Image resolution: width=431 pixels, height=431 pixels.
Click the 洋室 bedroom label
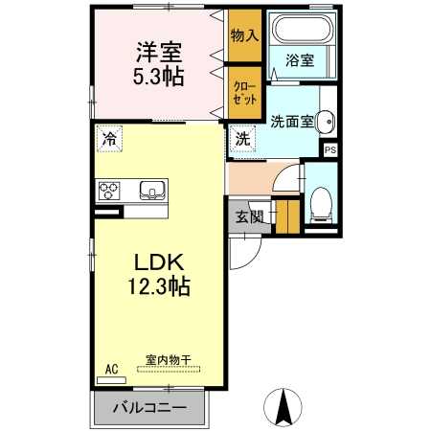159,53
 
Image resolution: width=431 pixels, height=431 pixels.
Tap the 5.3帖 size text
158,77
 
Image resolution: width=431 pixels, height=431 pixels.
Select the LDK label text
159,262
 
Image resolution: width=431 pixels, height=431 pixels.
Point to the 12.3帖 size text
159,286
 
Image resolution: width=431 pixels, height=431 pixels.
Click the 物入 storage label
245,35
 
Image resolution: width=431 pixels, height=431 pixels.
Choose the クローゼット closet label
245,93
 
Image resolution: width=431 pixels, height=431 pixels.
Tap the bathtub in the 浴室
302,32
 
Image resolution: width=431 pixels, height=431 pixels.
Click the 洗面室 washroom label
292,122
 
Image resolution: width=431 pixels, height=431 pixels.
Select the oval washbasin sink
325,122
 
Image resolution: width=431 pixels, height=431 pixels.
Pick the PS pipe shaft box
330,149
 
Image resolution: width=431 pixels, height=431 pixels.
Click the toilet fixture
321,205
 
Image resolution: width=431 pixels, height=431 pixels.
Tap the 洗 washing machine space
242,139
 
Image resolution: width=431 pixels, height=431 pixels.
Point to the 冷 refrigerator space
109,139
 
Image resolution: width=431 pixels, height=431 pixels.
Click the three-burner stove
109,191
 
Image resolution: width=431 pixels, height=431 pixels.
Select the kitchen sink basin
152,190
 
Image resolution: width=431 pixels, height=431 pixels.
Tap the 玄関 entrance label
250,217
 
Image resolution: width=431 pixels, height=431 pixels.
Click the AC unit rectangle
111,380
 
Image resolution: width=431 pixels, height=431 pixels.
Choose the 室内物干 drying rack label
169,360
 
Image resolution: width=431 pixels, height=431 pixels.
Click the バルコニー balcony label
149,408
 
